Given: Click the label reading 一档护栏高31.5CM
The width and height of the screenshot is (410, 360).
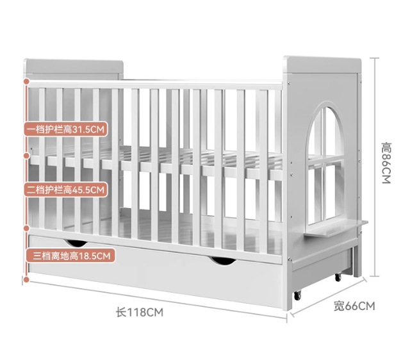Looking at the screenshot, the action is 65,129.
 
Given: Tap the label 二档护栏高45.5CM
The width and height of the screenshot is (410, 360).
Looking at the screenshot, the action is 65,190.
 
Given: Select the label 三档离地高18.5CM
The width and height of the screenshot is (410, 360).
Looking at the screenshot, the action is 70,256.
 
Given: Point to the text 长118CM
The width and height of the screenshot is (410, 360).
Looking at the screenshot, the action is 140,313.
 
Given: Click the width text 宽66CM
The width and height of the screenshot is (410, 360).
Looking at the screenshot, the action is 354,306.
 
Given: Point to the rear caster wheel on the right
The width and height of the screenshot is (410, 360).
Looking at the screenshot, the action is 336,277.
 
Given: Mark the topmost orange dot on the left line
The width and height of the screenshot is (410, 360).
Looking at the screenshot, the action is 26,82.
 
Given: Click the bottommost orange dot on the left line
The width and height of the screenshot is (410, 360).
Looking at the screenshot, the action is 26,279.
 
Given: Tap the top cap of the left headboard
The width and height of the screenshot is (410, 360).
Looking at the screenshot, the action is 73,66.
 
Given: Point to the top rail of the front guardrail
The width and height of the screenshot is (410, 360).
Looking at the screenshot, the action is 154,84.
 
